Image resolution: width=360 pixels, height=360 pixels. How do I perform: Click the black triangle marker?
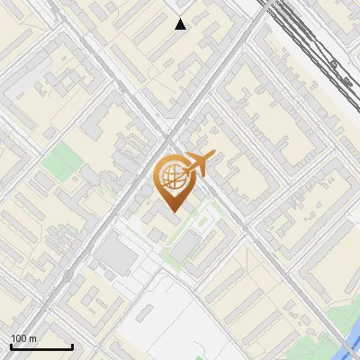point(181,24)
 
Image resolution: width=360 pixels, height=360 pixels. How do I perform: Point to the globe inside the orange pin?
point(171,176)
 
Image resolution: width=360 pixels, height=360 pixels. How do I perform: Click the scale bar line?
point(41,346)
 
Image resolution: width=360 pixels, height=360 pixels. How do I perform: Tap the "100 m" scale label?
point(23,338)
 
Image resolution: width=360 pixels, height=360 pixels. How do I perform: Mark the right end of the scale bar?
point(72,346)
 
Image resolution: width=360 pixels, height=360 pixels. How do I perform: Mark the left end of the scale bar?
point(11,346)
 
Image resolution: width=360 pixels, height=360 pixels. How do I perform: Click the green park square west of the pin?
point(60,163)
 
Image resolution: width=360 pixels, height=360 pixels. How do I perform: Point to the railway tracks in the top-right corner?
point(315,45)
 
